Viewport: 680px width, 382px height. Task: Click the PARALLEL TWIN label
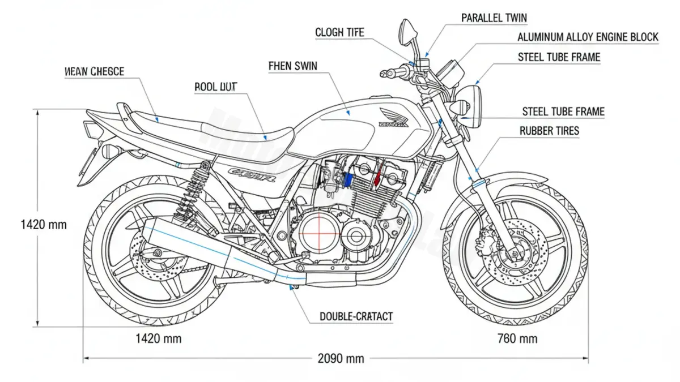coord(494,18)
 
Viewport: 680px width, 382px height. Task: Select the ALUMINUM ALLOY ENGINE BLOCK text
coord(588,37)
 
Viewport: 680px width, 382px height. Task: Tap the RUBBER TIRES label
coord(549,131)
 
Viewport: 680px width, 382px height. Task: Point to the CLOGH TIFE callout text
coord(340,33)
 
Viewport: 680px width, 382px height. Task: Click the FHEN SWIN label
coord(292,66)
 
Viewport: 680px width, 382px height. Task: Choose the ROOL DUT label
coord(215,87)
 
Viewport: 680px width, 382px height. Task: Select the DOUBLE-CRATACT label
coord(356,316)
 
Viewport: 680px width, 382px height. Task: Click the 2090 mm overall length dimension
coord(340,358)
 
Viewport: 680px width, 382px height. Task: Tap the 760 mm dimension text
coord(517,338)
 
